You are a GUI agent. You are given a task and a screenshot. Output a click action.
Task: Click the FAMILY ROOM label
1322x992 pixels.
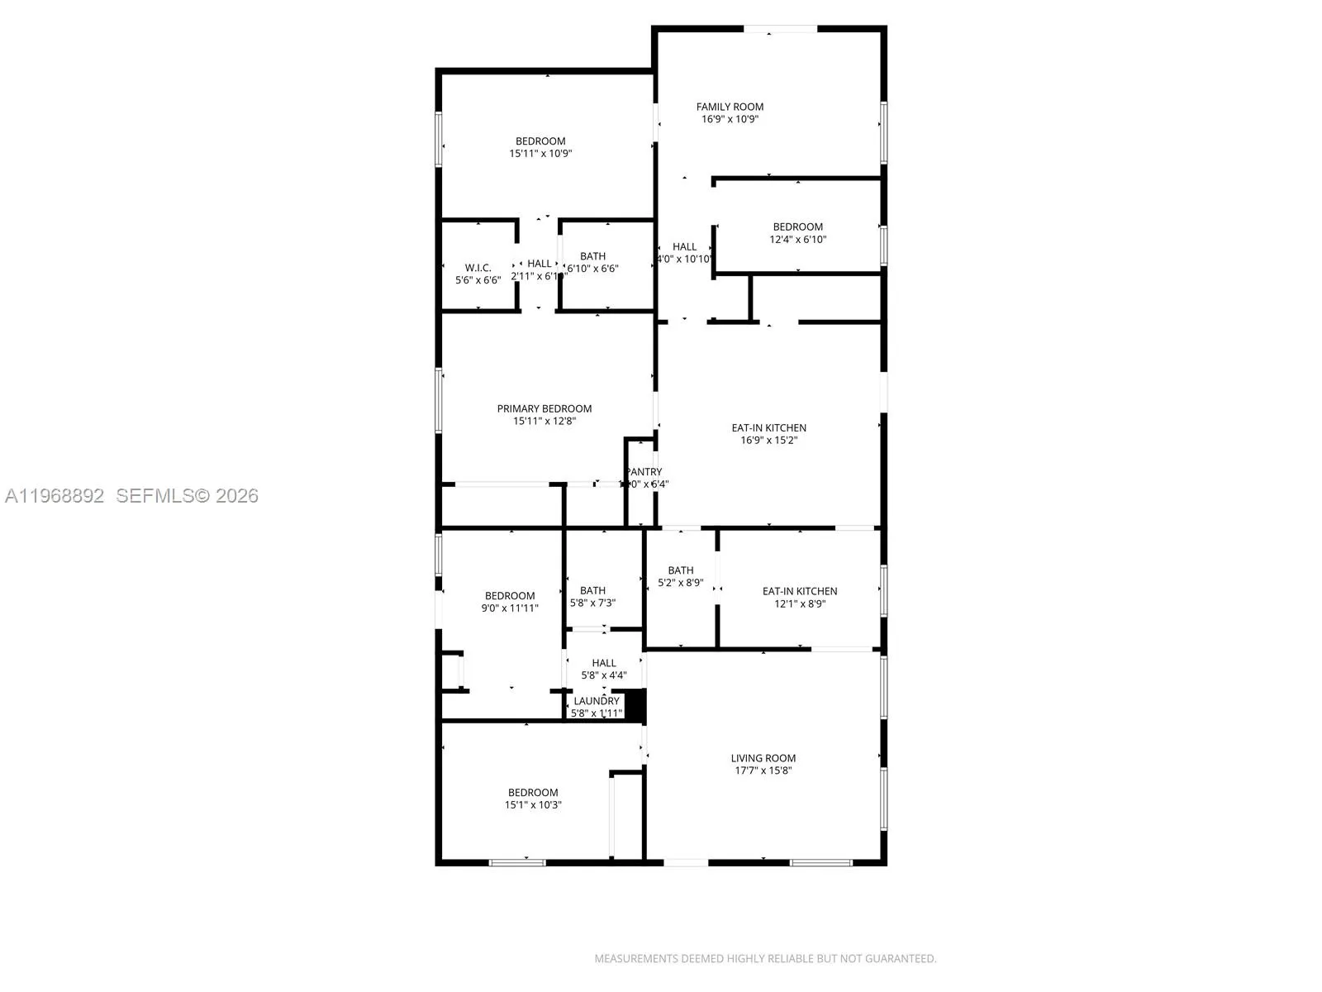[x=730, y=107]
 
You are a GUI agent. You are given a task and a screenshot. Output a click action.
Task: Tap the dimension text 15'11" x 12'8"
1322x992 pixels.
[x=544, y=421]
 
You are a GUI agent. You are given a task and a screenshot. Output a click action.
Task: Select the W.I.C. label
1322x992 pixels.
[x=478, y=268]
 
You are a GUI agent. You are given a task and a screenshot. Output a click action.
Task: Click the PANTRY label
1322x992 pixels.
[x=644, y=472]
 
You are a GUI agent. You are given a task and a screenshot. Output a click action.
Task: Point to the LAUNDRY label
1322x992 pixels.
[x=596, y=701]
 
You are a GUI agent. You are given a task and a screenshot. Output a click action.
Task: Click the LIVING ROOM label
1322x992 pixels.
[x=763, y=758]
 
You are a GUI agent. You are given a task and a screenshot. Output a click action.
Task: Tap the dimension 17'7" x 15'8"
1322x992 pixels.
[x=763, y=770]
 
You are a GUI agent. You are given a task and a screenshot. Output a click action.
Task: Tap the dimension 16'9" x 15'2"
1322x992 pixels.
[x=768, y=441]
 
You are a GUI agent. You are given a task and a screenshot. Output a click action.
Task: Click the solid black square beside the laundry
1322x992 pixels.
[x=635, y=704]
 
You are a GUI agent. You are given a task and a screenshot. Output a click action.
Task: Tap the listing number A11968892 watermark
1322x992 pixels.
[x=55, y=496]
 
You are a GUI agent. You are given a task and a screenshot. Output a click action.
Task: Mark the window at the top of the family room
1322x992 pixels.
[x=780, y=30]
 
